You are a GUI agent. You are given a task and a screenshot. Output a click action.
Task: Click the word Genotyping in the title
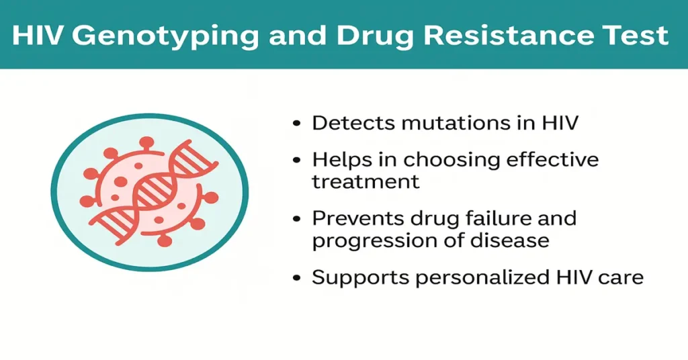point(165,35)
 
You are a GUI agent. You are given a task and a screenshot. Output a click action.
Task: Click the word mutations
point(458,123)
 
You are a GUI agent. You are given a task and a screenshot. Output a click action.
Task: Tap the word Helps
point(339,161)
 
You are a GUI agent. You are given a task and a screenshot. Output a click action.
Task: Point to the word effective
point(553,161)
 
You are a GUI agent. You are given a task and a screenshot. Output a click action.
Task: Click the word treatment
point(366,181)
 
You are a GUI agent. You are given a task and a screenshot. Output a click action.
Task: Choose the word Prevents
point(358,220)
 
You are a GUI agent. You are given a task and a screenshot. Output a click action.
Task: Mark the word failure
point(492,220)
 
